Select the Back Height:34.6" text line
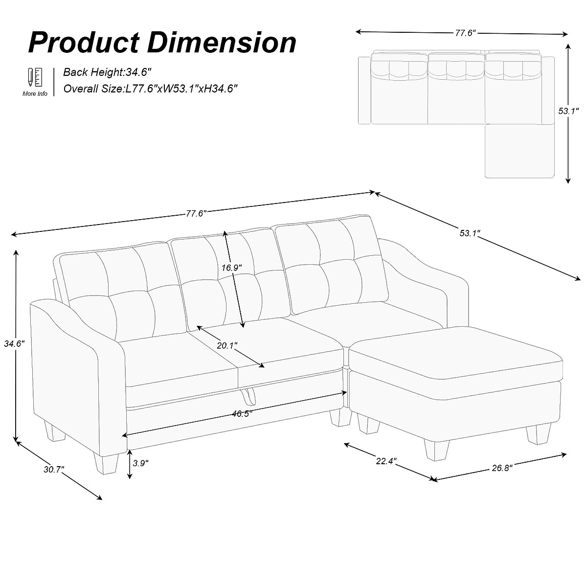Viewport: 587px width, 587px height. (x=102, y=72)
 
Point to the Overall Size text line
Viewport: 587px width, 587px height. (x=151, y=89)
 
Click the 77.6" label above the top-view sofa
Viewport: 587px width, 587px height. (x=465, y=33)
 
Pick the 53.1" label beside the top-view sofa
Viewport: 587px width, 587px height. (x=569, y=111)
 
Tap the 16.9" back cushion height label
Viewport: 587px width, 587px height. (x=231, y=268)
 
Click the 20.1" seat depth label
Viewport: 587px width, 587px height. (x=227, y=345)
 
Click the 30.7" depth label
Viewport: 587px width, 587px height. (x=54, y=470)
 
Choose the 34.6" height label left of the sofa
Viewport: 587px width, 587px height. (x=14, y=343)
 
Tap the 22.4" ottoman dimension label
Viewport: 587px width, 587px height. (x=386, y=461)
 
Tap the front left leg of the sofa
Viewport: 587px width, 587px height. (x=107, y=462)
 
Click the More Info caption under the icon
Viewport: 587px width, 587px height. (x=35, y=93)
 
